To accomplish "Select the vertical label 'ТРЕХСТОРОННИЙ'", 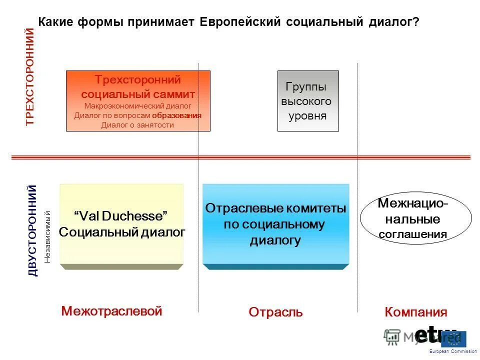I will (x=30, y=76).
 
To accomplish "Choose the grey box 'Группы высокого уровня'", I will (x=308, y=101).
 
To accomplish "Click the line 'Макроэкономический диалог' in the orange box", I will (x=138, y=106).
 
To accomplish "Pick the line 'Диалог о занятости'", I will (x=137, y=125).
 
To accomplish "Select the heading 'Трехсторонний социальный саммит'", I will (x=138, y=87).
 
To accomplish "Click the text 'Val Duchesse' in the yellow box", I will (x=120, y=216).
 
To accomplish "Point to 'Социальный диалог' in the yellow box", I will (x=122, y=232).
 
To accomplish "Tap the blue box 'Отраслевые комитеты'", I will (x=275, y=224).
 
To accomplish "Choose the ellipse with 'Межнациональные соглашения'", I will (x=415, y=219).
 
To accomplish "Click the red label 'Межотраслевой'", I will (x=112, y=311).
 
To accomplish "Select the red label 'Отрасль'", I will (x=275, y=312).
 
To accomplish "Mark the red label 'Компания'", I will (x=416, y=312).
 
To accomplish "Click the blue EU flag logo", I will (x=455, y=339).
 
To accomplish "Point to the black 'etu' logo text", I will (x=428, y=334).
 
